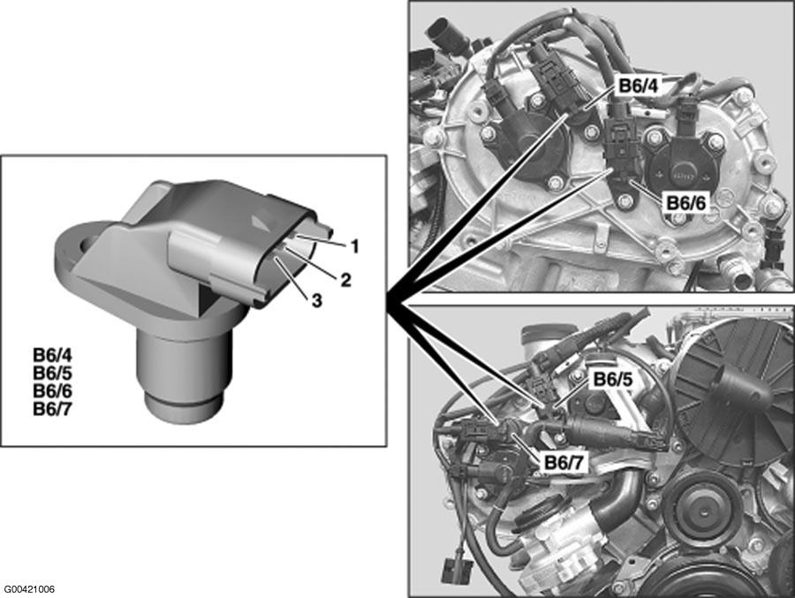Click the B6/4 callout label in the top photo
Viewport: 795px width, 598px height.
point(638,87)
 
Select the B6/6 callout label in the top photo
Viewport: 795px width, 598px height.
point(685,203)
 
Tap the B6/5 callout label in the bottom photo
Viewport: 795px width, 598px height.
point(613,380)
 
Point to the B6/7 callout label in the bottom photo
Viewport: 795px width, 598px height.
point(564,462)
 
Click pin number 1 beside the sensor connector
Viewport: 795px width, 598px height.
point(354,246)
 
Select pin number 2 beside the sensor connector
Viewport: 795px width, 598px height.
point(345,279)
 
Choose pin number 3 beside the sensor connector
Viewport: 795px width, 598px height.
point(316,301)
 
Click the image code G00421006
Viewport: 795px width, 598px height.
point(29,589)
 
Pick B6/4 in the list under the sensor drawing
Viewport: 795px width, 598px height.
point(52,354)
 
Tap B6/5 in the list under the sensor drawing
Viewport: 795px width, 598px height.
point(52,373)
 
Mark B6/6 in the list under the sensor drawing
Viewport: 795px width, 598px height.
point(52,390)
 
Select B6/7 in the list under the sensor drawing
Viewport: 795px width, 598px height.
point(52,409)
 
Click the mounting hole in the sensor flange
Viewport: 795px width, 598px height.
point(88,244)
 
